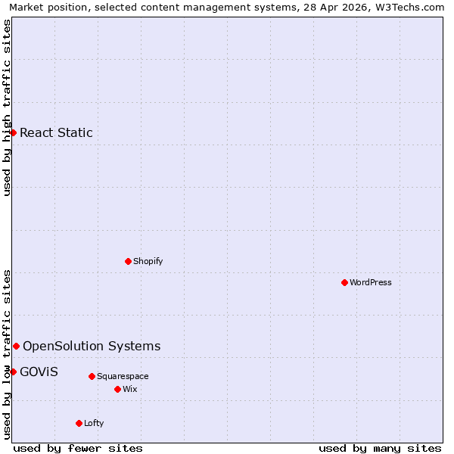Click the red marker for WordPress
pos(344,282)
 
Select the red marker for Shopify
pos(128,261)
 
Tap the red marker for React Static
pos(13,132)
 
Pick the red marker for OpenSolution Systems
pos(16,346)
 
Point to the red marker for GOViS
pos(13,372)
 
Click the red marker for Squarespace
pos(92,376)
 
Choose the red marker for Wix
pos(117,389)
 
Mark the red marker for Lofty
pos(79,423)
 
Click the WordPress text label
pos(371,282)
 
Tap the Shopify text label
pos(148,261)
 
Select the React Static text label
pos(56,132)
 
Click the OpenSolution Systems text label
pos(92,346)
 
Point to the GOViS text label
pos(39,372)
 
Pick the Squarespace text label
pos(123,376)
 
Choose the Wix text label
pos(130,389)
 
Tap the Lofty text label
pos(94,423)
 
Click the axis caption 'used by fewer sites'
pos(78,448)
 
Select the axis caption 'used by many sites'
pos(380,448)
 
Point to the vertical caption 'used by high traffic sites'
pos(7,107)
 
